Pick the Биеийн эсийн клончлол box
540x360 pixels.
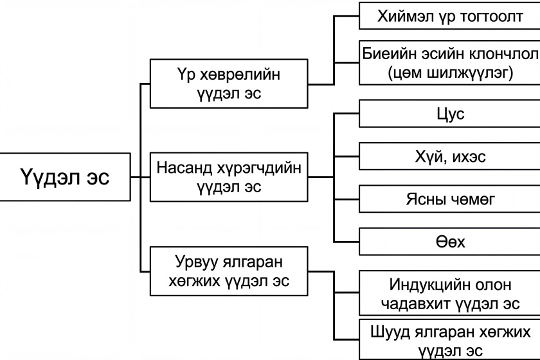pos(449,63)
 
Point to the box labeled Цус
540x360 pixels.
pos(449,114)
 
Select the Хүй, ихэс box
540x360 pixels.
pos(449,156)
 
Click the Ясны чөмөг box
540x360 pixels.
pos(449,200)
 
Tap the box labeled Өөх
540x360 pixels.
pos(449,242)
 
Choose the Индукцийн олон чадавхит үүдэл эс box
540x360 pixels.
pos(449,293)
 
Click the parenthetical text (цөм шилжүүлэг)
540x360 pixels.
pos(450,73)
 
